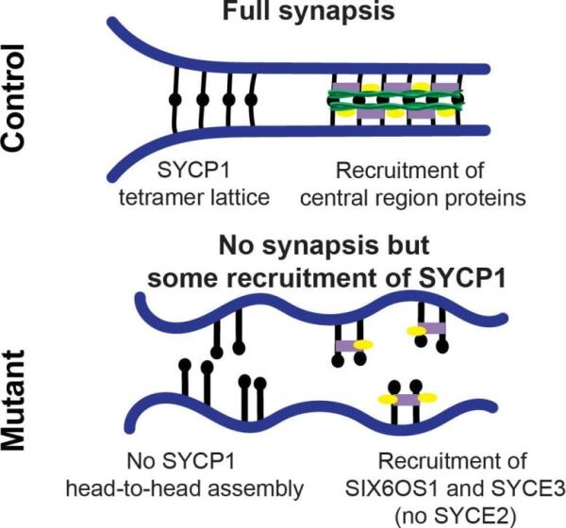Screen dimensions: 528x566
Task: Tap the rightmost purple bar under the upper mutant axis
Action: [x=435, y=328]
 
